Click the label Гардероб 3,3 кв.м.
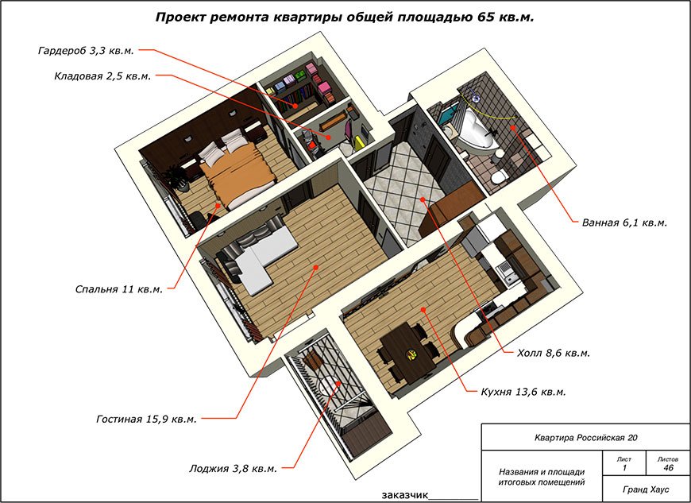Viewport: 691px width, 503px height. [x=86, y=50]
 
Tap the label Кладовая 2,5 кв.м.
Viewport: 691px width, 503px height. [x=102, y=75]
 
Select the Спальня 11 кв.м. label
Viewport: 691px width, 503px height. [x=119, y=289]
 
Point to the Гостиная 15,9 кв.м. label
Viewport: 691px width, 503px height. [x=146, y=419]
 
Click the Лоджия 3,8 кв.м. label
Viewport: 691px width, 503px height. [x=234, y=468]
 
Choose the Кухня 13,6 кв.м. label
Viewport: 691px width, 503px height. [x=523, y=392]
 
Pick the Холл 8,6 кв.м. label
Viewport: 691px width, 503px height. [x=554, y=353]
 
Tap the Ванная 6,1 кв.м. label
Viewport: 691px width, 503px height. [x=624, y=222]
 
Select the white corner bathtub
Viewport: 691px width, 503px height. [x=475, y=131]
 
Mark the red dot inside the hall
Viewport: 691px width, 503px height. [x=423, y=199]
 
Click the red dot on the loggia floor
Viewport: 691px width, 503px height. [x=338, y=383]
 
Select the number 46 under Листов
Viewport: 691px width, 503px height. [x=668, y=468]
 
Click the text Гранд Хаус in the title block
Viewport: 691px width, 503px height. [x=646, y=489]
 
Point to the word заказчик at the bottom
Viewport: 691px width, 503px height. [x=404, y=495]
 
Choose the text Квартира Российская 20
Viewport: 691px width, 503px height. [x=585, y=438]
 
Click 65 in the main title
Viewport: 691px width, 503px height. [x=485, y=17]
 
